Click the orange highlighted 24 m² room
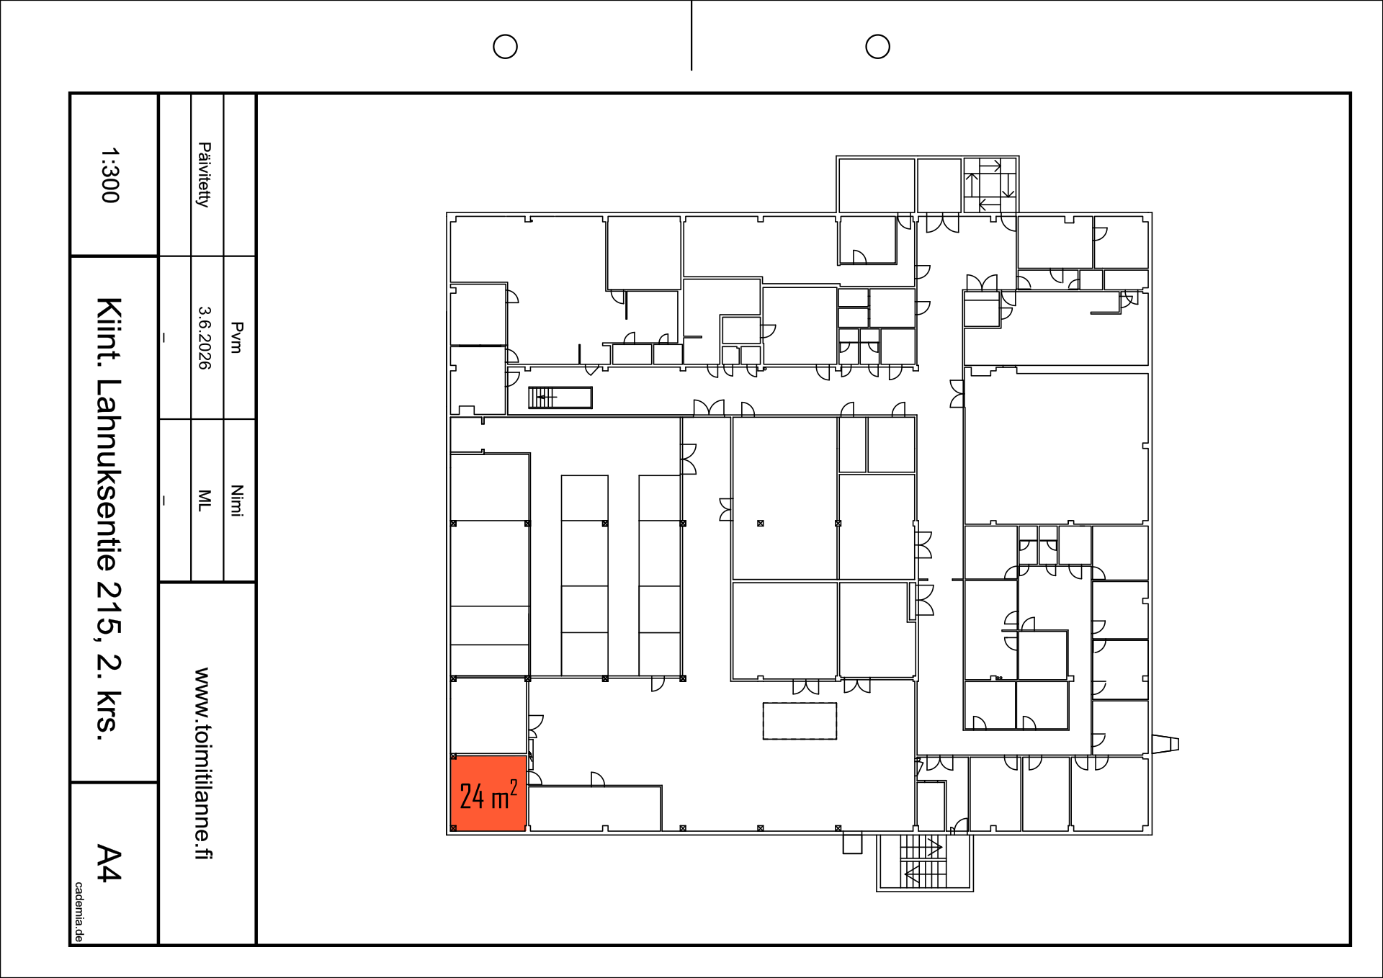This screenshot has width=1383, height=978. [488, 793]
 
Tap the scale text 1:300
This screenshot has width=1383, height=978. [109, 176]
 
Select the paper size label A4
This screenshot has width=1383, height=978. [109, 863]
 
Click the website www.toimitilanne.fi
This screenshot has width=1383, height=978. [203, 763]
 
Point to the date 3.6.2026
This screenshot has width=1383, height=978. [205, 338]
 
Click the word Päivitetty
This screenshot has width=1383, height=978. [205, 175]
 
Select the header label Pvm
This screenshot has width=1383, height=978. [236, 337]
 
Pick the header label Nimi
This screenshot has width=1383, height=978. [236, 501]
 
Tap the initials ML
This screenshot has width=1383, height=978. [205, 501]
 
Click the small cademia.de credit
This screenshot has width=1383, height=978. [79, 912]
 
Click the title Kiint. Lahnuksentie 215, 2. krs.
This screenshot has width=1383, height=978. [109, 518]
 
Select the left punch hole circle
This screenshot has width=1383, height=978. [505, 47]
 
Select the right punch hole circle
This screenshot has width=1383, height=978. [877, 47]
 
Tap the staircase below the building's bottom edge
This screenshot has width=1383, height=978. [925, 863]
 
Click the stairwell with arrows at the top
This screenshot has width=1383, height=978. [990, 185]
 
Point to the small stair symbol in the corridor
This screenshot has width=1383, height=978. [560, 398]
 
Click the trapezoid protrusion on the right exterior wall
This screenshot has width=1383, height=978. [1165, 744]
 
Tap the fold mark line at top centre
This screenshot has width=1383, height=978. [691, 35]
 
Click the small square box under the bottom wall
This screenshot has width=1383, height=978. [852, 843]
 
